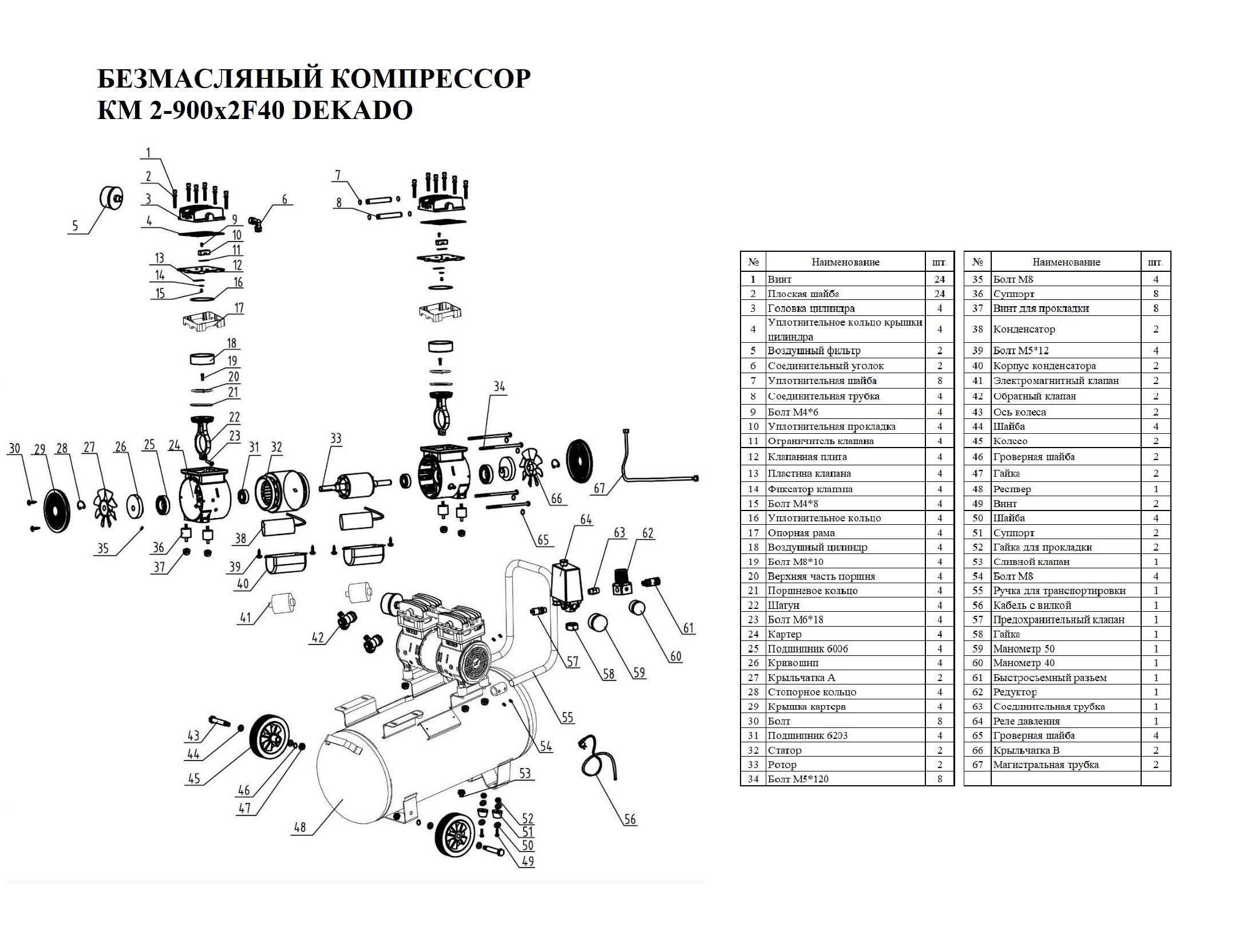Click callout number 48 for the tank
[x=300, y=827]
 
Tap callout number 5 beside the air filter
[x=74, y=225]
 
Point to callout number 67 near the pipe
[x=599, y=488]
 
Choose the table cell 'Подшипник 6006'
[x=807, y=648]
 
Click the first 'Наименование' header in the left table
[x=845, y=262]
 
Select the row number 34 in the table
[x=753, y=779]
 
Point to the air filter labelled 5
[x=112, y=198]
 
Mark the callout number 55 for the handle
[x=567, y=717]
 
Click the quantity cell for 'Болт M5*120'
[x=939, y=779]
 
